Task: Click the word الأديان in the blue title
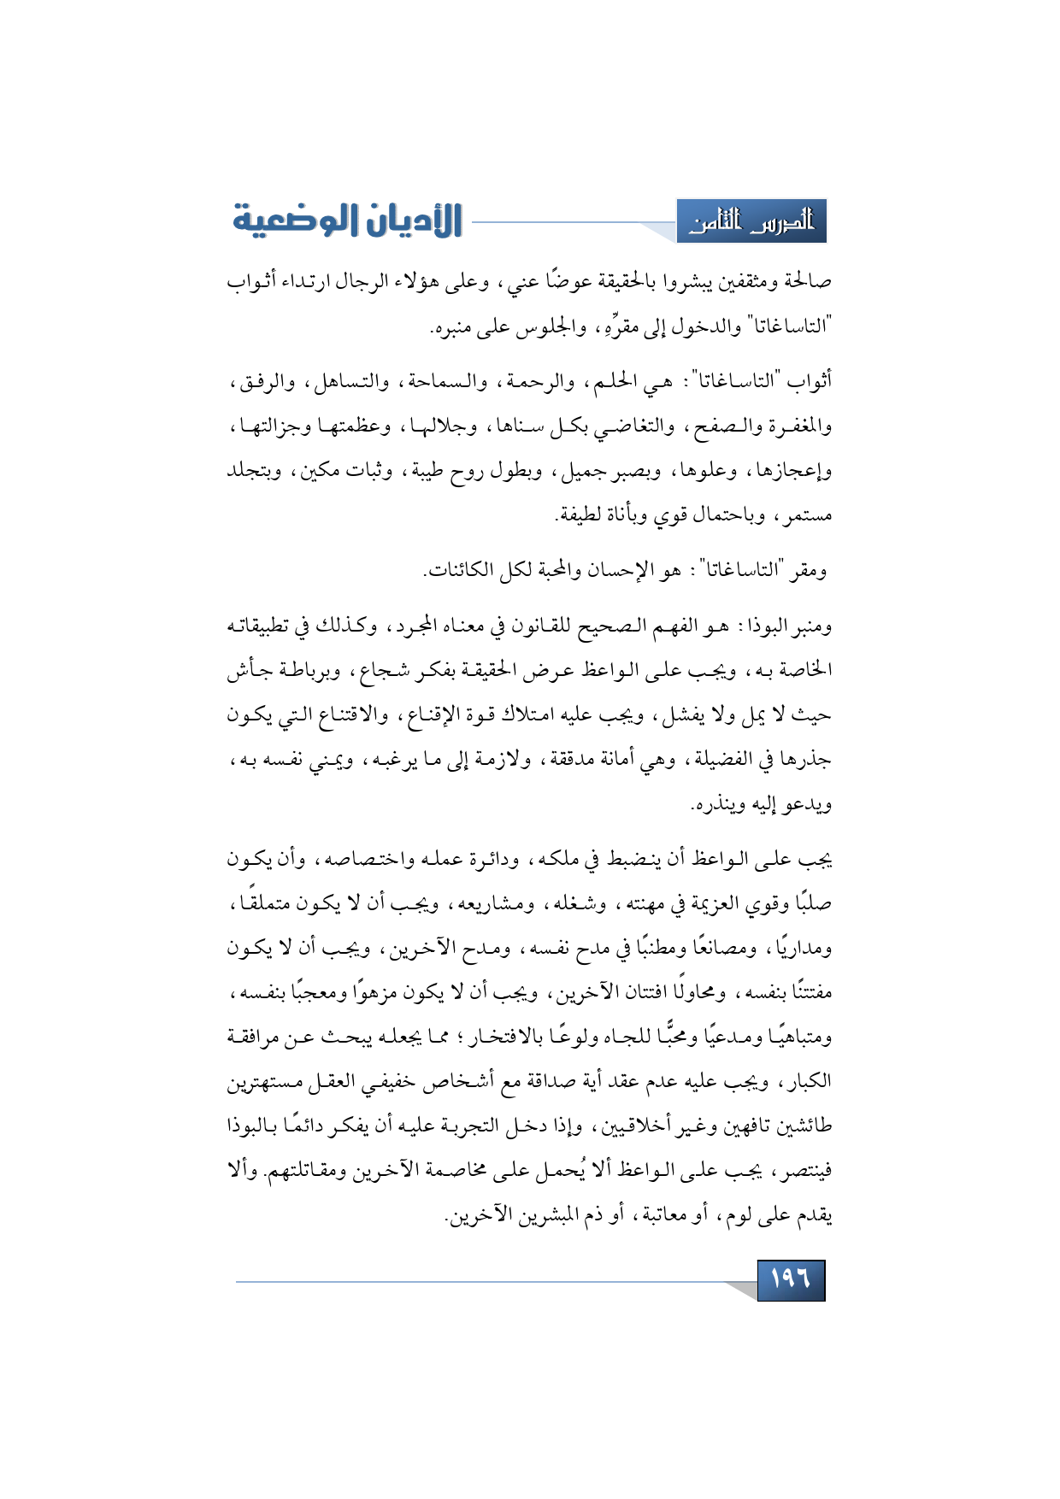click(411, 220)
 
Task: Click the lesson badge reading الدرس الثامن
click(751, 222)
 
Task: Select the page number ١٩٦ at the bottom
click(791, 1279)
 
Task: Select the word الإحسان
click(623, 570)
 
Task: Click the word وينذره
click(719, 805)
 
